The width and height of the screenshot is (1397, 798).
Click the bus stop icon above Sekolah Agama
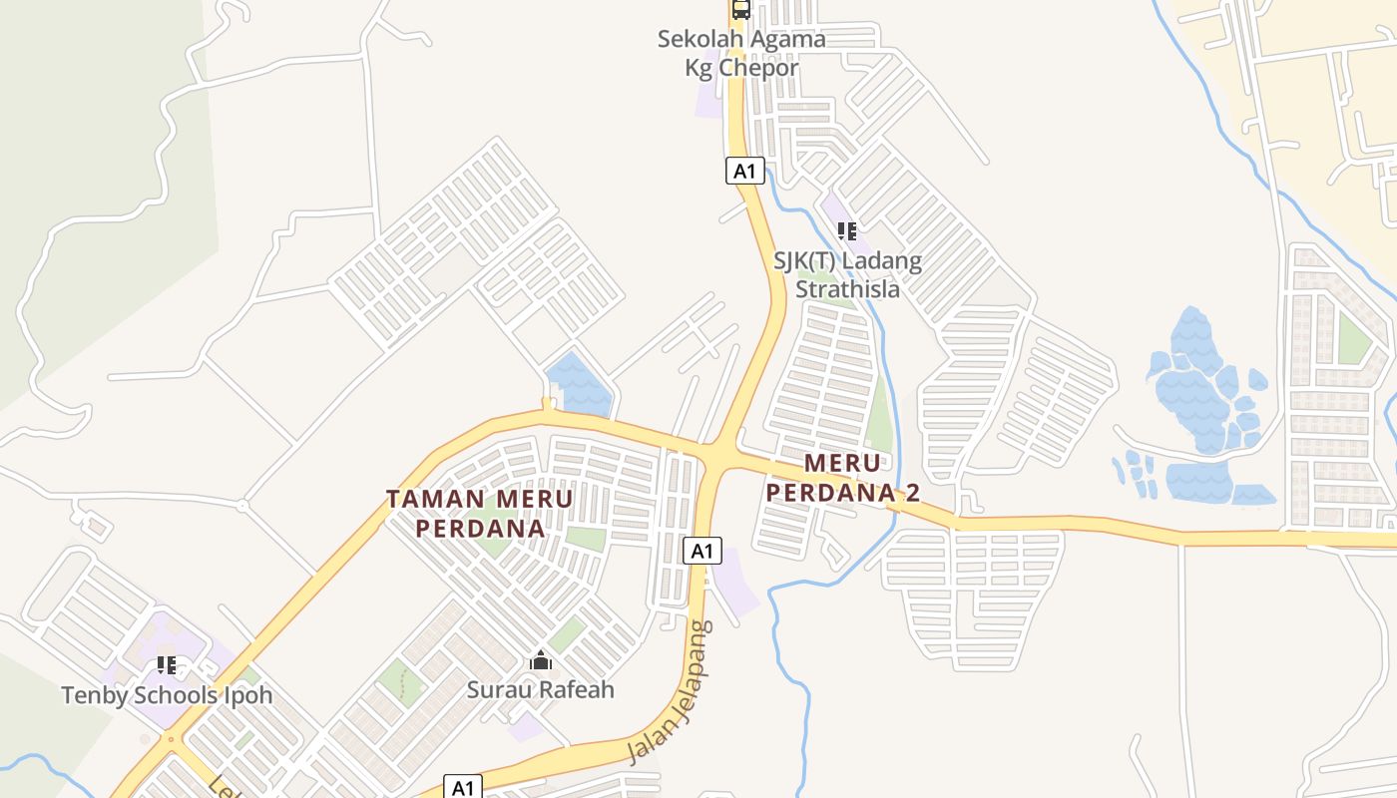tap(740, 9)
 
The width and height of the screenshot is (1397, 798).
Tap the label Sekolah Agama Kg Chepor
tap(741, 54)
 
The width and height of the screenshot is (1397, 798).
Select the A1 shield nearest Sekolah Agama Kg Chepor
tap(744, 171)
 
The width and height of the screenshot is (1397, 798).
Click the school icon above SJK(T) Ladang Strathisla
tap(847, 231)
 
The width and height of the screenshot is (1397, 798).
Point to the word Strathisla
tap(847, 289)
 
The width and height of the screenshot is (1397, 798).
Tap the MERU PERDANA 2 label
tap(842, 478)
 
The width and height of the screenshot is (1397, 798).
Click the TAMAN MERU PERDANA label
tap(480, 513)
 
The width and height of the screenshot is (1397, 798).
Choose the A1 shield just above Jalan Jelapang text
tap(702, 550)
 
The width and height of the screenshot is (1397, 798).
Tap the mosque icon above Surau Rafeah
tap(541, 659)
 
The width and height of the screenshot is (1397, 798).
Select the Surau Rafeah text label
tap(541, 689)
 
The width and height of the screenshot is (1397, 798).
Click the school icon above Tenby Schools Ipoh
tap(167, 664)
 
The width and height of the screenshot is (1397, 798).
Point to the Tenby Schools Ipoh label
tap(167, 695)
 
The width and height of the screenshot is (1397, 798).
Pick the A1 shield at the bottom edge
tap(462, 787)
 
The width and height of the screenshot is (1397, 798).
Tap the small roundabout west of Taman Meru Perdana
tap(241, 506)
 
